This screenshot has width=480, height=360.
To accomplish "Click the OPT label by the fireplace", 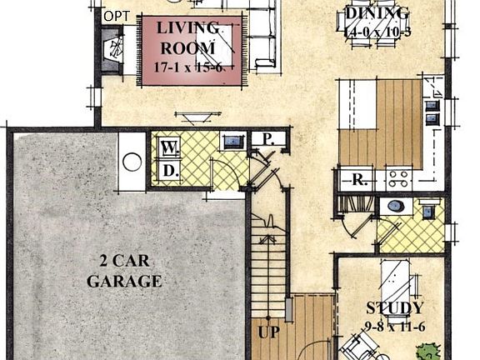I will [116, 16].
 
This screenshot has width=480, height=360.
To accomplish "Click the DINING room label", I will [377, 13].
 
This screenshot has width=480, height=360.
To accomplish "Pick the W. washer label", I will [170, 148].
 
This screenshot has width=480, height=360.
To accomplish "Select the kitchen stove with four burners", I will [398, 177].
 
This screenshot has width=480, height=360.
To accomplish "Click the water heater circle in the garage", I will [132, 162].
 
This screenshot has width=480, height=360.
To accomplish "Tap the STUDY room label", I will [395, 308].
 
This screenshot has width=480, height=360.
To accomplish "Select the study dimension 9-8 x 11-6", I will [395, 326].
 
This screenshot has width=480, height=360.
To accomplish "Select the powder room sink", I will [427, 212].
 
